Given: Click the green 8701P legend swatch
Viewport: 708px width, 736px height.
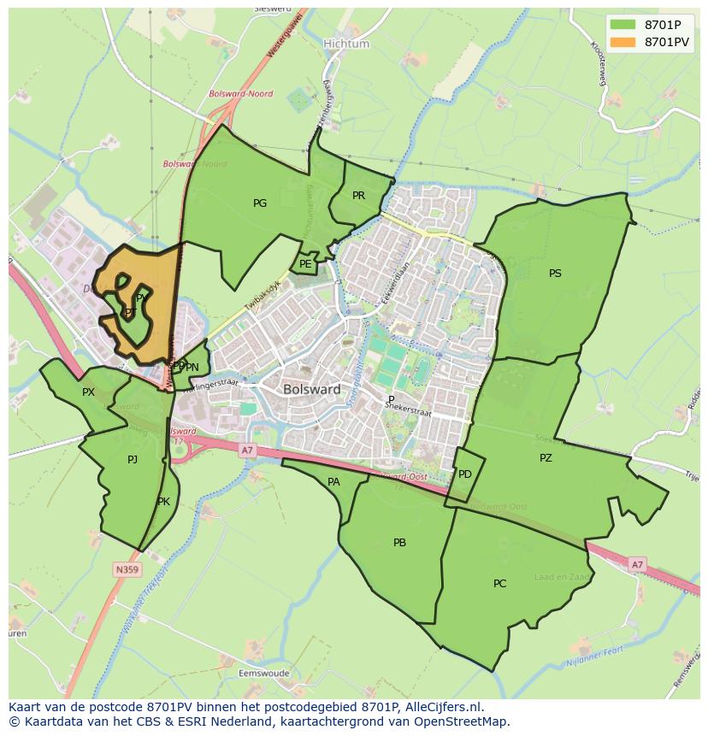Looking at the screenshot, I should [x=622, y=24].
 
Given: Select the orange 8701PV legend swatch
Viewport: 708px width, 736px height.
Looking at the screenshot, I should [x=622, y=41].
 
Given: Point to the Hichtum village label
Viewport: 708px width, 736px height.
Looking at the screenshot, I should [x=346, y=44].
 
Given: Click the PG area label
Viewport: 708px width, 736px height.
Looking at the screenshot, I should [x=260, y=203].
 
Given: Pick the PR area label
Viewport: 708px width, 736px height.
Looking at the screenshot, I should [x=359, y=196].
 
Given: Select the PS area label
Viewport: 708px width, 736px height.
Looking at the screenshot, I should [x=555, y=274].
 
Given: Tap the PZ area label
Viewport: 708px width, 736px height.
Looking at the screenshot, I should [x=546, y=458].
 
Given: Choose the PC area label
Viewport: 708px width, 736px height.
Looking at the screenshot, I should [x=499, y=584].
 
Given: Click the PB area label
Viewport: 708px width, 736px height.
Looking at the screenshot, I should [x=399, y=543].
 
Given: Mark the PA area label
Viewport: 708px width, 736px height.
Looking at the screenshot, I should [x=333, y=482].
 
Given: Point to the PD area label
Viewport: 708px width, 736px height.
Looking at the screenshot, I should [x=465, y=474].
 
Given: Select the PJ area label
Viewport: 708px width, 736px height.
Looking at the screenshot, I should [x=133, y=460].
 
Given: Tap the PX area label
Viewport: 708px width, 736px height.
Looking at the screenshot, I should [x=88, y=392].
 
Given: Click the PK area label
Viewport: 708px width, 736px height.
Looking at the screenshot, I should [x=163, y=502].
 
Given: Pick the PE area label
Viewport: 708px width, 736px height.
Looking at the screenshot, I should [x=305, y=264].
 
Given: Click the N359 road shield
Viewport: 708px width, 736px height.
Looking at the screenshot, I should [x=126, y=569].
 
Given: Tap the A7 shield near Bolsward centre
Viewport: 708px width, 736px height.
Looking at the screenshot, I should [x=247, y=450].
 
